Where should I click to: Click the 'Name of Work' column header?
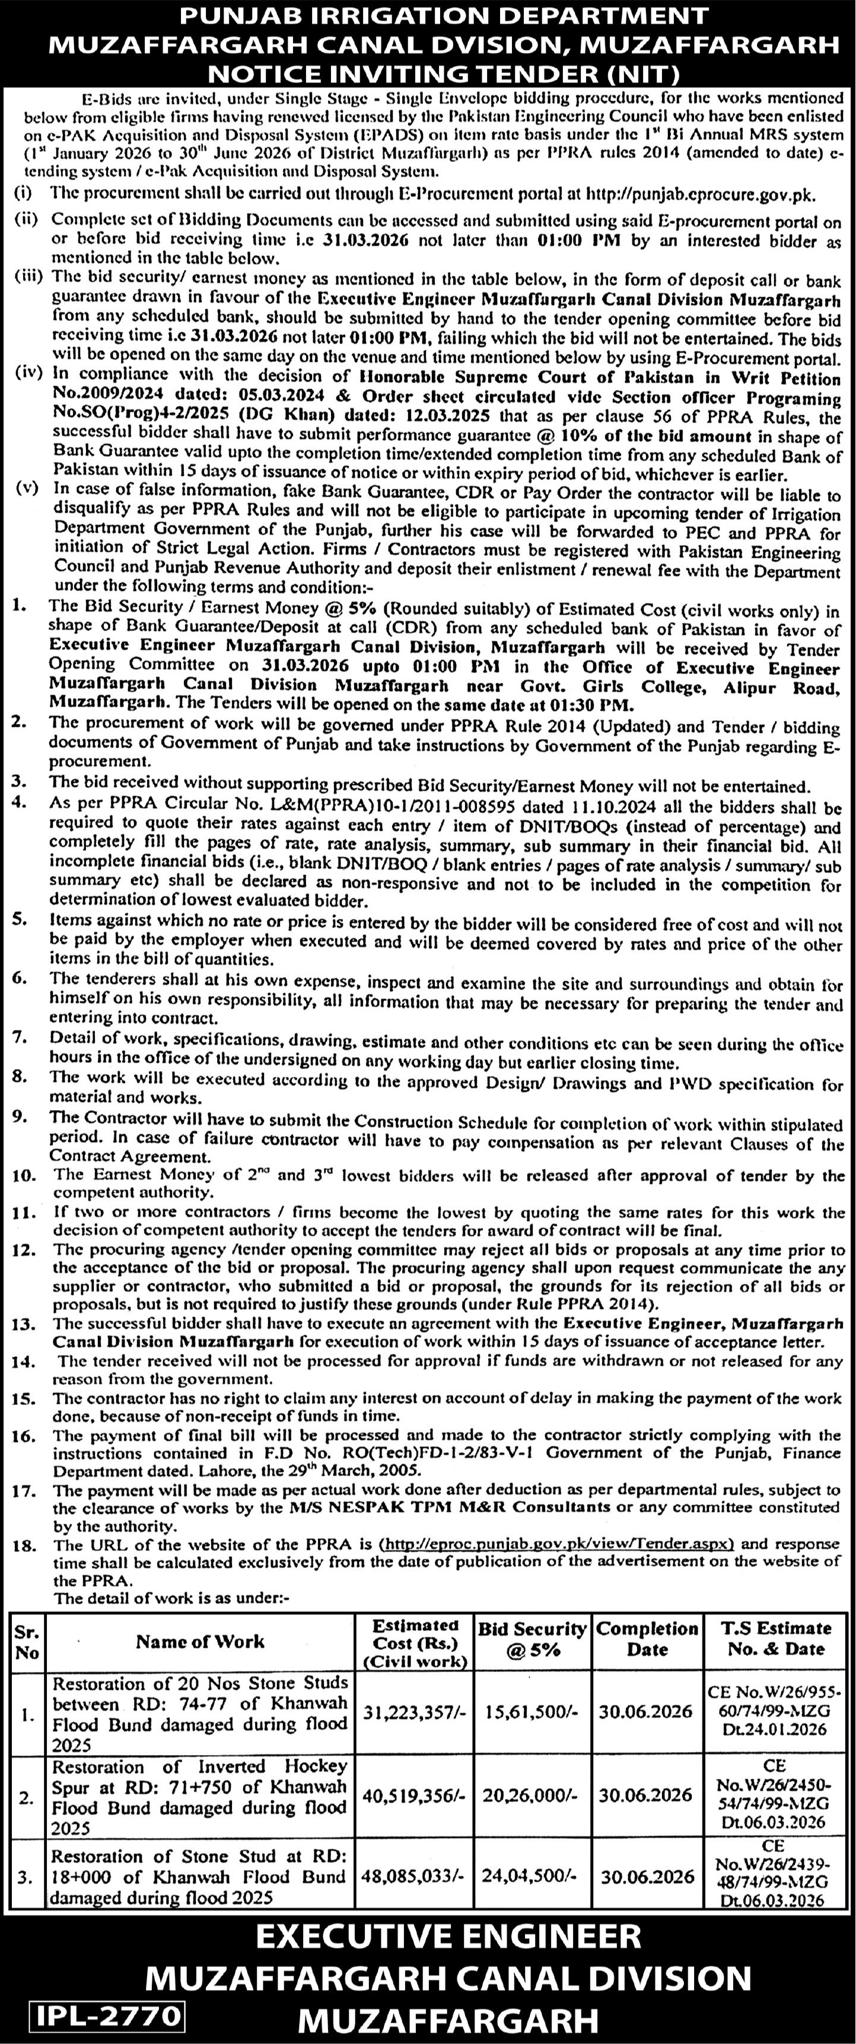pos(200,1642)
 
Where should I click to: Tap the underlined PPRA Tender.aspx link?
pos(557,1544)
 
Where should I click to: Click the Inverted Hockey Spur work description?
pos(200,1797)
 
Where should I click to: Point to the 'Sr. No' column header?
pos(27,1642)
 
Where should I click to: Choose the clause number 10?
pos(26,1176)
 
